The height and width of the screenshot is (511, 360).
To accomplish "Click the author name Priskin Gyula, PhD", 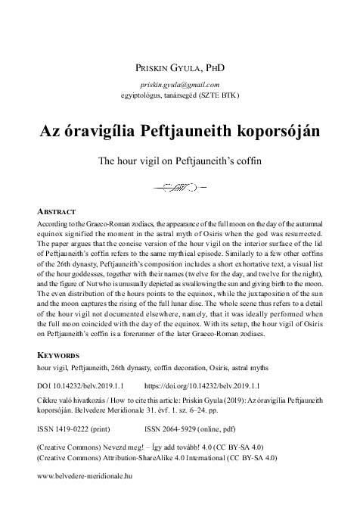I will click(x=180, y=69).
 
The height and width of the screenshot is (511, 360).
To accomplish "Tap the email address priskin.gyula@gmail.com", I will click(x=180, y=85).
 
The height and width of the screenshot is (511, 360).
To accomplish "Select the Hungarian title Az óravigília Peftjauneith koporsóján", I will click(x=180, y=129).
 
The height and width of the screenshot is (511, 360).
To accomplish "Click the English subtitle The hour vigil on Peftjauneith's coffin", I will click(x=180, y=160).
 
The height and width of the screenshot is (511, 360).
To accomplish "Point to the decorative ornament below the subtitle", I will click(x=178, y=185).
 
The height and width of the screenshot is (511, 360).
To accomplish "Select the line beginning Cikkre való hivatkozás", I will click(x=180, y=400).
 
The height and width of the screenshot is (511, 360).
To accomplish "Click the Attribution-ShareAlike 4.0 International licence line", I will click(x=156, y=456).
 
